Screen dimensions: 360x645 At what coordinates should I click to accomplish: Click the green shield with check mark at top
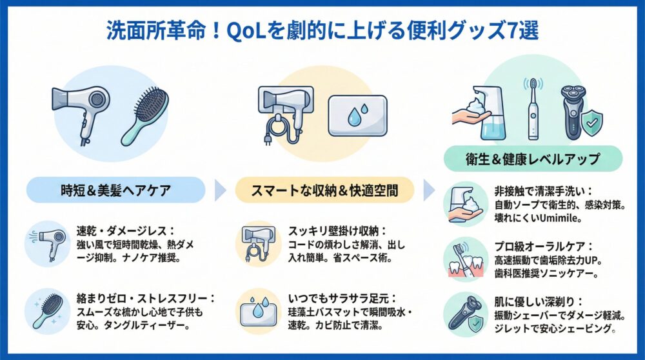(x=592, y=121)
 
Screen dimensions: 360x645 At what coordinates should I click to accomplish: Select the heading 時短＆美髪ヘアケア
(x=115, y=190)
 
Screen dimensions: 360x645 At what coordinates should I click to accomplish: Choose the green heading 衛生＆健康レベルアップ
(x=533, y=159)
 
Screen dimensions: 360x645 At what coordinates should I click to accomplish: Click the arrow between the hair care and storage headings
(x=220, y=190)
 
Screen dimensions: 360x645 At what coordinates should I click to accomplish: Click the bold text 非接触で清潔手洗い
(x=544, y=191)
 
